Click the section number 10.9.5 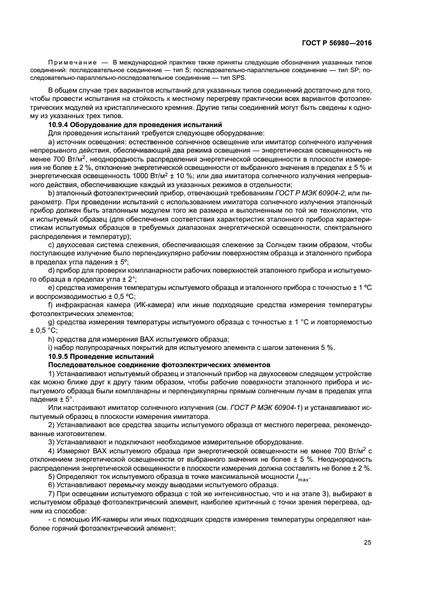click(x=62, y=355)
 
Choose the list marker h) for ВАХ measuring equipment click(x=51, y=338)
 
